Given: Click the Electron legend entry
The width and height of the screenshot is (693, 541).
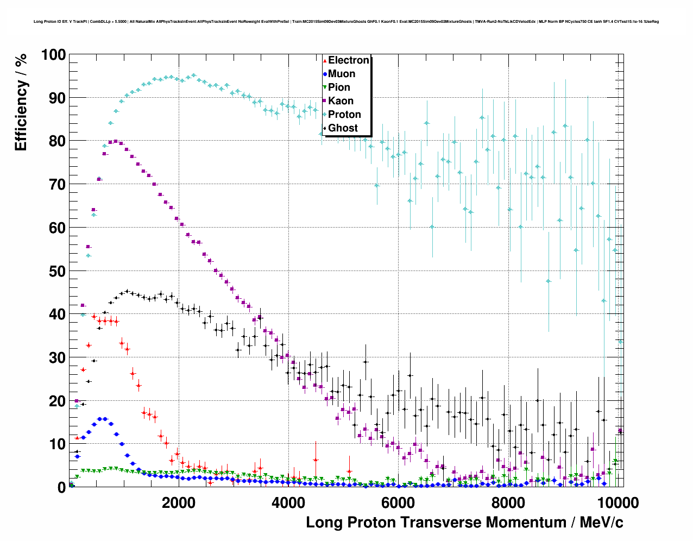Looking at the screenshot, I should point(348,60).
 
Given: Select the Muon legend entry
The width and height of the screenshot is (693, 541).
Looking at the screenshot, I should point(342,74).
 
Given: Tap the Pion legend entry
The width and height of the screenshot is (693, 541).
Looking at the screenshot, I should point(339,87).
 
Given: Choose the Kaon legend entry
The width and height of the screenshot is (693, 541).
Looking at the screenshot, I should point(341,101).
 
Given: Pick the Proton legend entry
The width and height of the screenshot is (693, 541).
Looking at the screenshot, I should point(344,115).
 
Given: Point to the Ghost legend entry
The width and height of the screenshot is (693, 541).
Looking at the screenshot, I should point(343,128).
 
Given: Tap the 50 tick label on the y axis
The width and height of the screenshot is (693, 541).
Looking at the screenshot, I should point(58,271).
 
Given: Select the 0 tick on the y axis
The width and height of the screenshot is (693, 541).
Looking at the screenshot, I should point(61,487).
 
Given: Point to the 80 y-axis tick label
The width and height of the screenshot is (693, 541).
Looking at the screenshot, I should point(58,141).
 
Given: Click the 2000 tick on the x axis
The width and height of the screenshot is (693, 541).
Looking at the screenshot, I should point(178,502).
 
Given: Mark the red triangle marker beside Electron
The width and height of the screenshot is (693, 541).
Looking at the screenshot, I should point(325,60).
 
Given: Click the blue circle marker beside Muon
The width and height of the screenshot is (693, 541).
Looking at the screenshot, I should point(325,74).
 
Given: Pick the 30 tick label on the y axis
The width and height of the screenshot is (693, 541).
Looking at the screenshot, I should point(58,357).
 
